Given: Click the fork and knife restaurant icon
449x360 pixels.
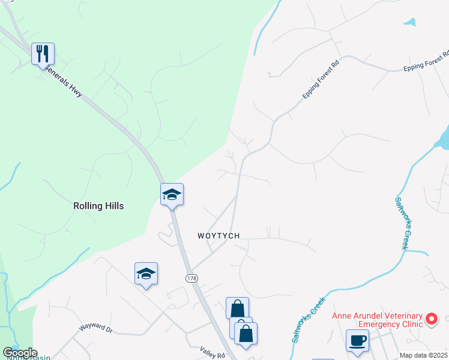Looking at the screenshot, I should (x=43, y=54).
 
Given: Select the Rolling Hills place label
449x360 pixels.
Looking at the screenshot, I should (x=98, y=206).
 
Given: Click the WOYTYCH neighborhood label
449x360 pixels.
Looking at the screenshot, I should (x=218, y=236).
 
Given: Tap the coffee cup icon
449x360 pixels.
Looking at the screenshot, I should (x=358, y=340).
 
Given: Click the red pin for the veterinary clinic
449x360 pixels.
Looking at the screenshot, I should (x=432, y=319).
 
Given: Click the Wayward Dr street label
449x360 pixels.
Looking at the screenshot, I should (x=96, y=329).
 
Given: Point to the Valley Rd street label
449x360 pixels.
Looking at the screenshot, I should (x=212, y=355).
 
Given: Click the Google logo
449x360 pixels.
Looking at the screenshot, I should (x=19, y=353).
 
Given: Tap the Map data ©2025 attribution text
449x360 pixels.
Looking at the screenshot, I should (x=423, y=355).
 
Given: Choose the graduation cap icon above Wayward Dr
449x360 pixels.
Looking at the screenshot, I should (x=146, y=274).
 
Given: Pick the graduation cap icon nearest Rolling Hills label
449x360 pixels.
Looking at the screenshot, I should (x=172, y=194).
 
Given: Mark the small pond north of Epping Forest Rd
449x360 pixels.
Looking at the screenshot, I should (x=410, y=22).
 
